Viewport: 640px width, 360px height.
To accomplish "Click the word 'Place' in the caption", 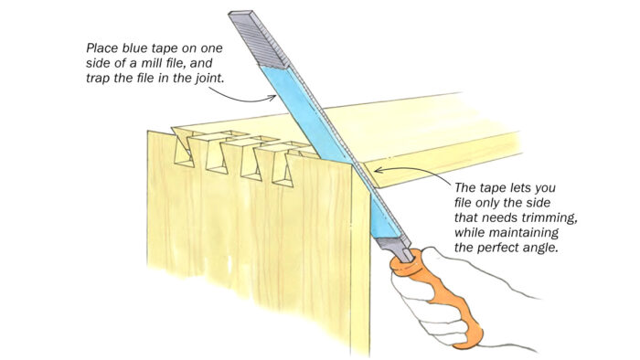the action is [102, 48].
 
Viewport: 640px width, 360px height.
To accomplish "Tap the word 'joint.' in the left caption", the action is [209, 78].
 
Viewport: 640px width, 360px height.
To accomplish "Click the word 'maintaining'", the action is [524, 232].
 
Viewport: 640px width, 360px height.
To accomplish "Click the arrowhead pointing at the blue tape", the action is [272, 97].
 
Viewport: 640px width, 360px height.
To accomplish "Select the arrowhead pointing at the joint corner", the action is [378, 170].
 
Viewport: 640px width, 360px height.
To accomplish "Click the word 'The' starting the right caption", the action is [465, 187].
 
